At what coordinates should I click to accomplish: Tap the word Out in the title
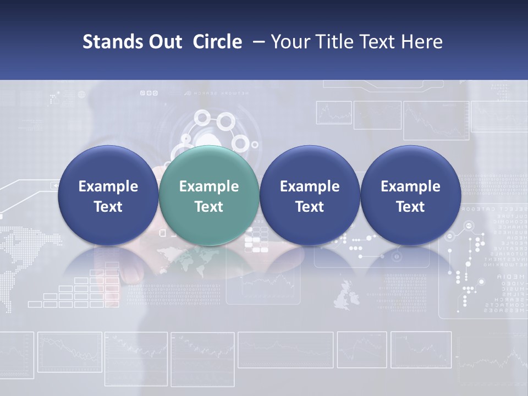coord(164,42)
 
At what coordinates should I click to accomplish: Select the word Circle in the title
coord(217,42)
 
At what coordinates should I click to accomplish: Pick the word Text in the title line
coord(378,42)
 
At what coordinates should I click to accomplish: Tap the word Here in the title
coord(422,42)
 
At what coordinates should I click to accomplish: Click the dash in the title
coord(257,42)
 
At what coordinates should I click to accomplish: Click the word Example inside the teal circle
coord(209,186)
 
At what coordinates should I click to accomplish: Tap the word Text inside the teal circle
coord(209,207)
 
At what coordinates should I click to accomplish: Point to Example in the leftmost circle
coord(108,186)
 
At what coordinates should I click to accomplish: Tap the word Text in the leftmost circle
coord(108,207)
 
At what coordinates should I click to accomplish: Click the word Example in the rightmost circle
coord(410,186)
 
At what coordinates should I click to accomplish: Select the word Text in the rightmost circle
coord(410,207)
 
